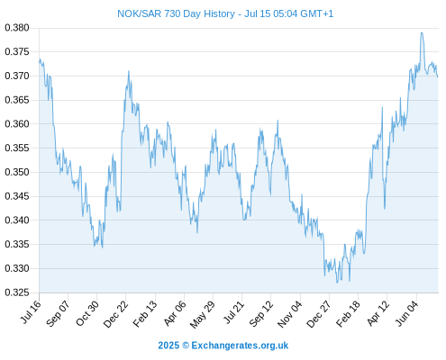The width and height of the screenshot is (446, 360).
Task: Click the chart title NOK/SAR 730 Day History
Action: (176, 13)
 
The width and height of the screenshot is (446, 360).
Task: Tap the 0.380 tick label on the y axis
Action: (17, 28)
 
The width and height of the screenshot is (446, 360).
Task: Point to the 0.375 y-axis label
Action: (17, 52)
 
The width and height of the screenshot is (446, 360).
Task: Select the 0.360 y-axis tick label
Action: (17, 124)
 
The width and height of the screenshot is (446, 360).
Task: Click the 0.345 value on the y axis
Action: (17, 196)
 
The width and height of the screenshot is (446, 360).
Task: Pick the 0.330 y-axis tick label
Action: (17, 268)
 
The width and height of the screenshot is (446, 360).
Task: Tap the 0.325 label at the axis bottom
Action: (17, 292)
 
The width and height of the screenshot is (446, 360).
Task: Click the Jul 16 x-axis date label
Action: (31, 312)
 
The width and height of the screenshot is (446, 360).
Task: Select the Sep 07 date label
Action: (58, 313)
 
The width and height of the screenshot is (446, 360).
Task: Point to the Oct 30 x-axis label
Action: (87, 313)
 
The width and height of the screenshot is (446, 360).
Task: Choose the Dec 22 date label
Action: (115, 314)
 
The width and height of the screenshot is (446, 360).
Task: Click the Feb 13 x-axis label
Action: (145, 314)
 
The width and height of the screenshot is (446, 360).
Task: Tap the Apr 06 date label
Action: (175, 313)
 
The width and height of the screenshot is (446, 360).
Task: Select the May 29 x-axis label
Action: (203, 314)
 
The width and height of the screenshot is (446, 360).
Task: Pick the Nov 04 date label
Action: (289, 314)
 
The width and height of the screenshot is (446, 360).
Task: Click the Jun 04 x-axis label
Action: (406, 313)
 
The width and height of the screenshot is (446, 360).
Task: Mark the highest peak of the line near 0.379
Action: (422, 32)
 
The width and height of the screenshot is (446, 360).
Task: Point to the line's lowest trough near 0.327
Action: (337, 283)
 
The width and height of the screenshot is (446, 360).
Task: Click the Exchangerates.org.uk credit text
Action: (240, 346)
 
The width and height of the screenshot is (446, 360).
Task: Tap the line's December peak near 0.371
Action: (129, 71)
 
